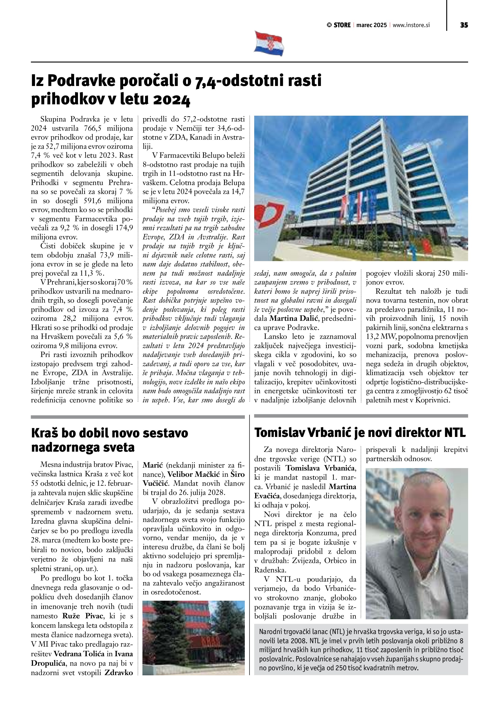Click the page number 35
point(464,25)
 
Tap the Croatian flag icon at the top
point(269,43)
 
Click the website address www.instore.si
point(411,25)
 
